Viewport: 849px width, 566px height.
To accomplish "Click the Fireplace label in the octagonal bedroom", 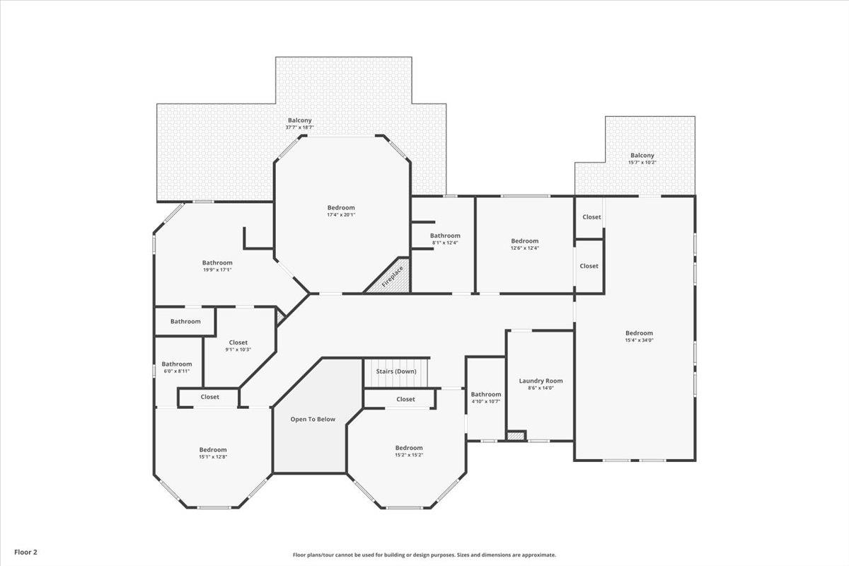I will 393,275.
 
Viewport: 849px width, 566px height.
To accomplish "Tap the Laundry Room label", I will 541,381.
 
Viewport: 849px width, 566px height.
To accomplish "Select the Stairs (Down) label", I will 395,371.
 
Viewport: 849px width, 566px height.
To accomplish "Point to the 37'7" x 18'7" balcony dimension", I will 299,127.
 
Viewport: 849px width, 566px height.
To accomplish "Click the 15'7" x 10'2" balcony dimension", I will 642,163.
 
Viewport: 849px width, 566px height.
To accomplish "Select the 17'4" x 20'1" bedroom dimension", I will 341,214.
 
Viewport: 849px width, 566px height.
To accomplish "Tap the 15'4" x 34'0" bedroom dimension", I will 639,340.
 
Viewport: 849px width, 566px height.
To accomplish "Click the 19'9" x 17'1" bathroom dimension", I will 217,270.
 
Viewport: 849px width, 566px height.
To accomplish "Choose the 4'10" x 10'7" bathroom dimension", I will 486,401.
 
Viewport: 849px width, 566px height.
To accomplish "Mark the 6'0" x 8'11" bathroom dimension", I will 176,371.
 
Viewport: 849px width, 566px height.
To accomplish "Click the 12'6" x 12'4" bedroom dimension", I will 524,248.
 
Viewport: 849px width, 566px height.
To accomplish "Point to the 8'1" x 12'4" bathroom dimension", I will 445,243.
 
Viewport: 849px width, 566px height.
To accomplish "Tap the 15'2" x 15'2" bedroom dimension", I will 409,455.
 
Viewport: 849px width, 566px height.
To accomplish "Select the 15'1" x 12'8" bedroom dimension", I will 213,456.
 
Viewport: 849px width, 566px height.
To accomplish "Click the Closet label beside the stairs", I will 405,399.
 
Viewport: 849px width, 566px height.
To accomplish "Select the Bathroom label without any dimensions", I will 185,321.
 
